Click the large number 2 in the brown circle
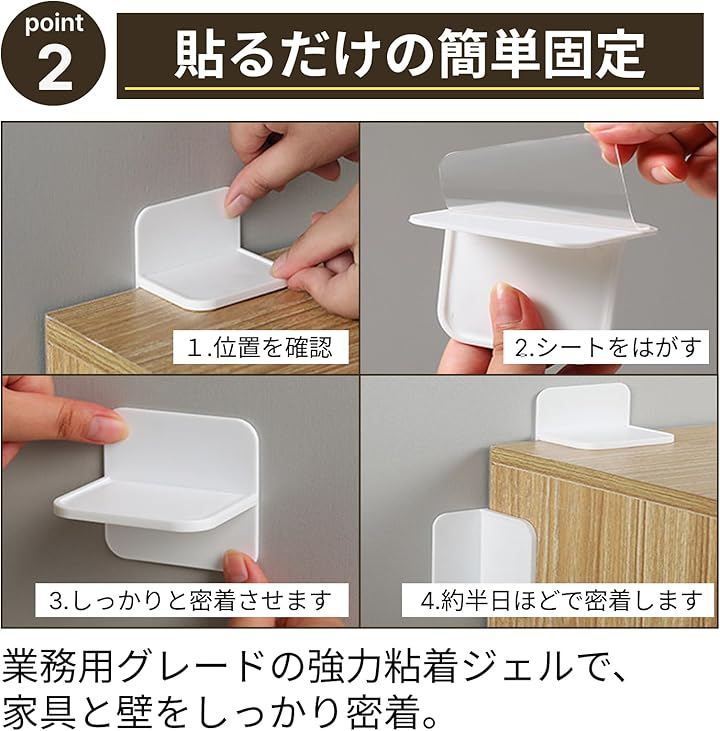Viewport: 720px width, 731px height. (x=55, y=70)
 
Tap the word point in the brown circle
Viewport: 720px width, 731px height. (x=54, y=24)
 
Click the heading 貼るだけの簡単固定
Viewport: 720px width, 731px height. (x=409, y=54)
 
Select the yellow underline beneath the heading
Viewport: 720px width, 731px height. (x=412, y=88)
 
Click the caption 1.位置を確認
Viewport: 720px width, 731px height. (x=260, y=347)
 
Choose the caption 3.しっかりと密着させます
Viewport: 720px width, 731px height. (x=190, y=600)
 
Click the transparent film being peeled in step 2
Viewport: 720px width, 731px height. (x=536, y=177)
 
